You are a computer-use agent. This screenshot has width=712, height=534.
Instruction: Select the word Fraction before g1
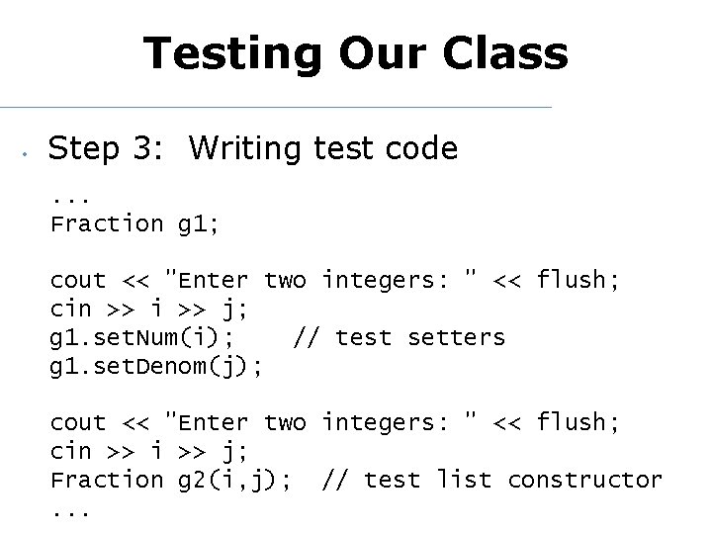[106, 224]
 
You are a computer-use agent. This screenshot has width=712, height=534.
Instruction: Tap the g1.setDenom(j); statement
[156, 367]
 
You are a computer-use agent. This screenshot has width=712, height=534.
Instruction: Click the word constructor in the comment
[584, 481]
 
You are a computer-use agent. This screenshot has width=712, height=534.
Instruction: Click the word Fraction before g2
[106, 481]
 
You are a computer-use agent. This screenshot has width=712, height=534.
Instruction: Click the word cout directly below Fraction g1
[78, 281]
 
